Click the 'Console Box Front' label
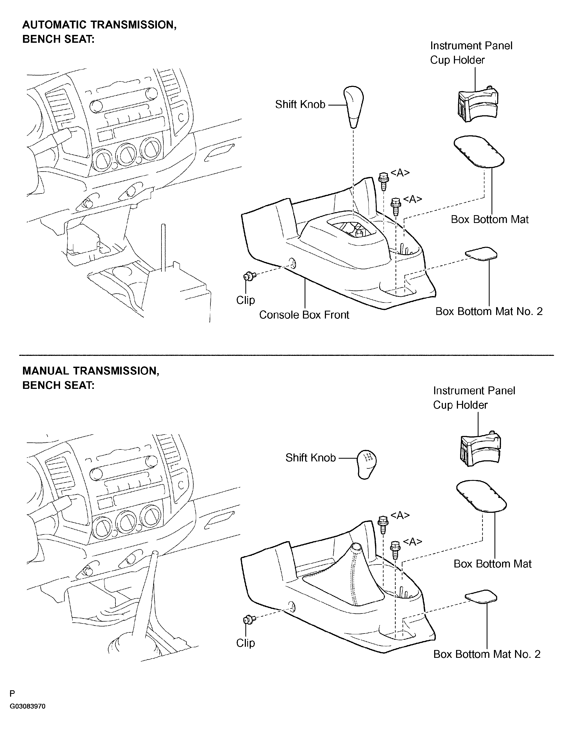tap(304, 315)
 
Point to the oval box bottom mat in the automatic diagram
tap(479, 151)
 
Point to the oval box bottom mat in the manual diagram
tap(481, 496)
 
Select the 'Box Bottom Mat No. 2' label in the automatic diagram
tap(489, 311)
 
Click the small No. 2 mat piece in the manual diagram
tap(481, 597)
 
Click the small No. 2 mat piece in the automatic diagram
tap(481, 253)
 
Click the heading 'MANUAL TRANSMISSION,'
tap(91, 371)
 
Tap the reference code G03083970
tap(27, 716)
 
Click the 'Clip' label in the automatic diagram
tap(245, 300)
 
